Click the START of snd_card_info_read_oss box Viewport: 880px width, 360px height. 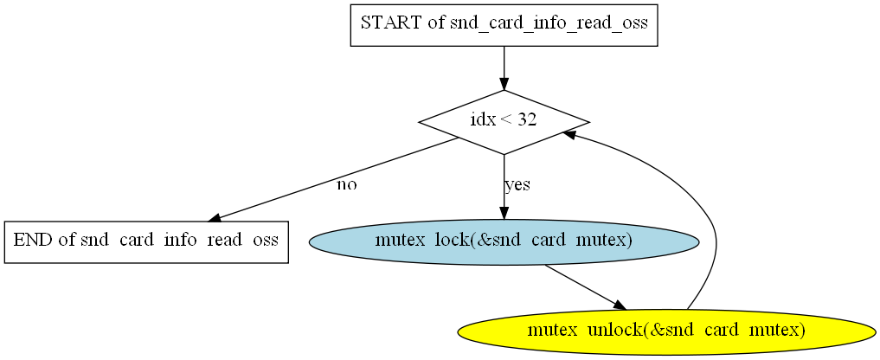504,25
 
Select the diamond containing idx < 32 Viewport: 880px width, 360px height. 504,122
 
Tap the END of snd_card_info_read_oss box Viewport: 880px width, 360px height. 146,242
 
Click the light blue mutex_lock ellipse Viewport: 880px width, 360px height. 504,242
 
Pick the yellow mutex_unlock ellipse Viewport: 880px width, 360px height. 667,331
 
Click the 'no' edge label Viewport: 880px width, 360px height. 346,185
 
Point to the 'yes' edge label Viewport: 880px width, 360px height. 517,185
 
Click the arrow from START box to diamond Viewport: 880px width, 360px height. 504,68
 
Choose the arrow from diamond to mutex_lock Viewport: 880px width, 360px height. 504,187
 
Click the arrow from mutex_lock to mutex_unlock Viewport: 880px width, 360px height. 585,287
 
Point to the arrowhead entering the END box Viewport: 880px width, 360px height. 215,218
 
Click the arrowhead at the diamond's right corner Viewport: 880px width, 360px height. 569,135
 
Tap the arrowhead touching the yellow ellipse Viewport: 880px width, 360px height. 620,305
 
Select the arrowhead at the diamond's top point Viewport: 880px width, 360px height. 504,83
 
